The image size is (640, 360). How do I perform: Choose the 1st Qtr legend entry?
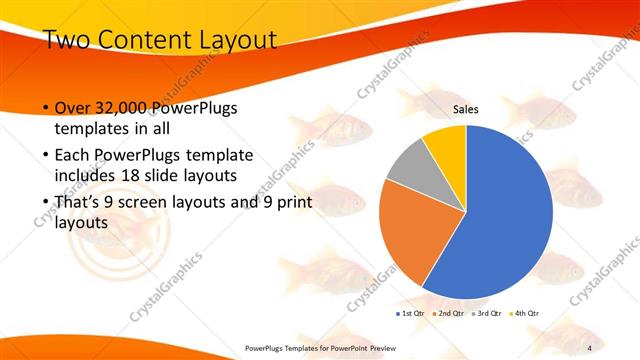(411, 314)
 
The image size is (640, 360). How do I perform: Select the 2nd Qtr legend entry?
(449, 314)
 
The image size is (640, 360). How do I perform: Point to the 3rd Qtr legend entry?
(488, 314)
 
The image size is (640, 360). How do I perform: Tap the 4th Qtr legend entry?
(525, 314)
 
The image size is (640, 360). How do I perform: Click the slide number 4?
(590, 347)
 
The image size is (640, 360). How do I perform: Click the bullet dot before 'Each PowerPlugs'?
(45, 157)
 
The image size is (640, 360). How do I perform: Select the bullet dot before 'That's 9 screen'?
(45, 204)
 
